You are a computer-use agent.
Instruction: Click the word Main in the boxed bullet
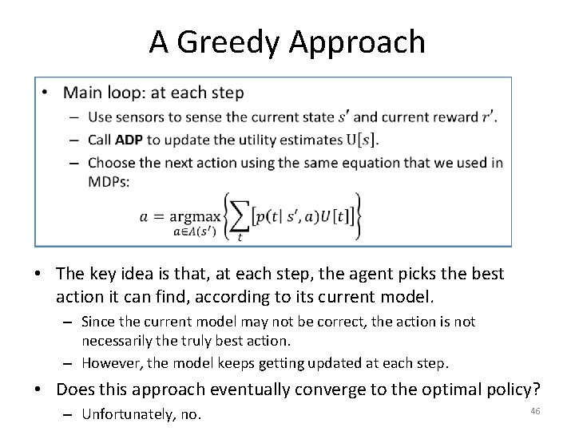[x=81, y=93]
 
